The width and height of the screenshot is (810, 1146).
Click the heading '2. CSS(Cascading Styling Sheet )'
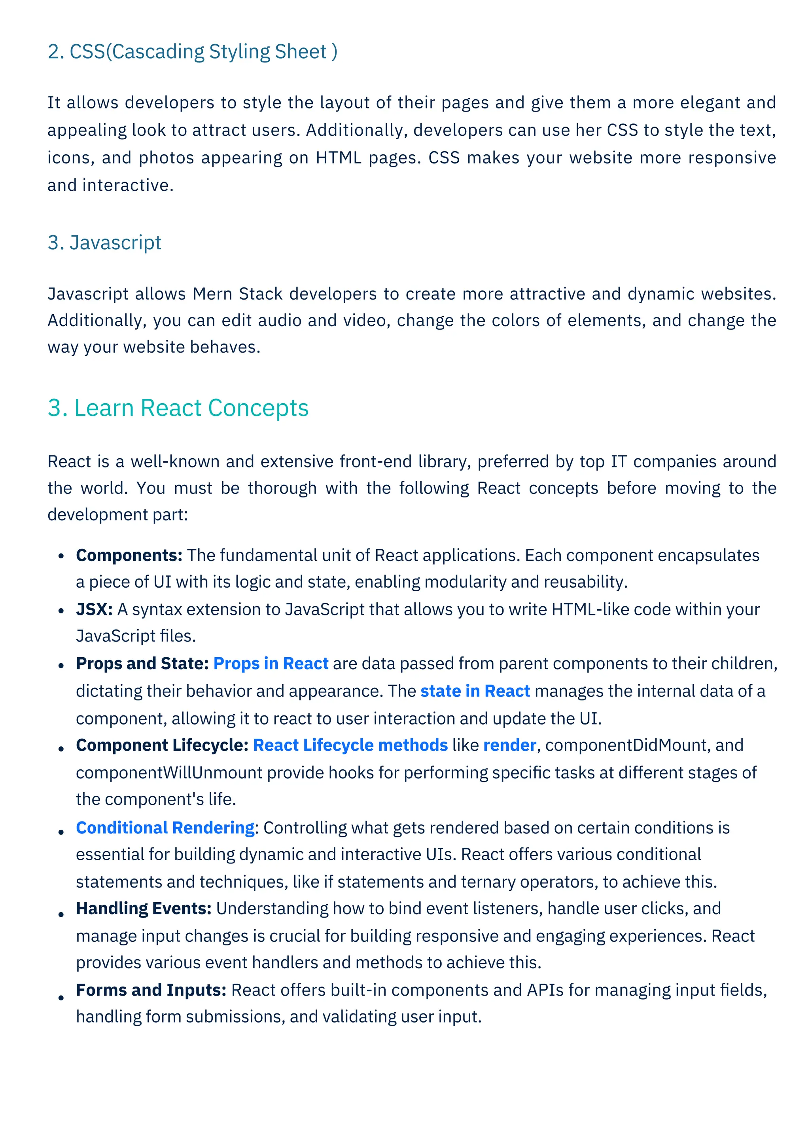click(192, 52)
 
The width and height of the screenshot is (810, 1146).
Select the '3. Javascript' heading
click(104, 243)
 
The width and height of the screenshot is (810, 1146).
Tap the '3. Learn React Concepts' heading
click(178, 408)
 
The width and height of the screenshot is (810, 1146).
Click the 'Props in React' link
click(271, 663)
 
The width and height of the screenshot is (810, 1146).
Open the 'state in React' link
click(475, 691)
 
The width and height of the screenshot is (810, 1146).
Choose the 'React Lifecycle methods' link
click(350, 745)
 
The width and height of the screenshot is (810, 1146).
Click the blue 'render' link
click(509, 745)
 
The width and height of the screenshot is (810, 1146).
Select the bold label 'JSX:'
click(94, 609)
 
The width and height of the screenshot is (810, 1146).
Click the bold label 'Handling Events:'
click(144, 909)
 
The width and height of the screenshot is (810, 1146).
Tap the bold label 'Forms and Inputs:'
click(151, 990)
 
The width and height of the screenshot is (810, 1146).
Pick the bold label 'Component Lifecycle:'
click(162, 745)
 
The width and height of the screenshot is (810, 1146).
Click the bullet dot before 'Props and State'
click(61, 665)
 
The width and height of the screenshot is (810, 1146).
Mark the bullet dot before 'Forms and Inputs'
click(61, 998)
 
